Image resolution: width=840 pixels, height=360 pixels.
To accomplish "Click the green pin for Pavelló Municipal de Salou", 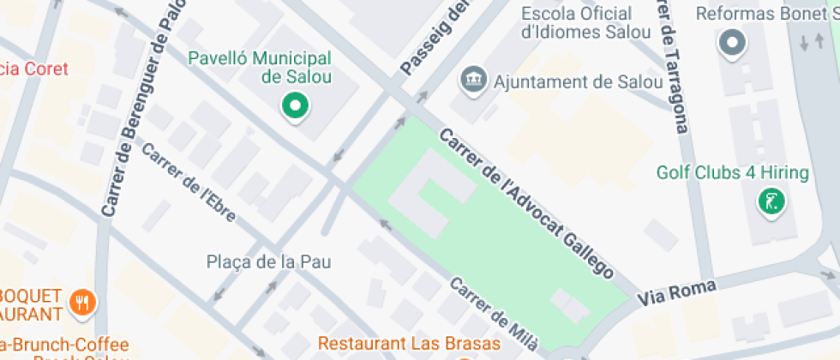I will tap(296, 107).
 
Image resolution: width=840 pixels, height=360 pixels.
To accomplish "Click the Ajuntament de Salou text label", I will tap(578, 82).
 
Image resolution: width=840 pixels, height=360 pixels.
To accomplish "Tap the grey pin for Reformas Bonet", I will tap(732, 43).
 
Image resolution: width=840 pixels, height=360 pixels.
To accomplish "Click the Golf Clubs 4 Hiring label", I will tap(732, 173).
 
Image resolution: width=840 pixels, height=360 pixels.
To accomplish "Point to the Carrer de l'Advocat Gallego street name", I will tap(526, 204).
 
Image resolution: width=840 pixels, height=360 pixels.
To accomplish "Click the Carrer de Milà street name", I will tap(495, 315).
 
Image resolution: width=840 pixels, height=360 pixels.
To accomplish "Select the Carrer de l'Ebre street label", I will tap(188, 183).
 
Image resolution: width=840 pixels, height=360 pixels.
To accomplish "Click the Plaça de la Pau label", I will tap(268, 261).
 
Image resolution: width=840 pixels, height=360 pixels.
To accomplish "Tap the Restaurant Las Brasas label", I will tap(408, 343).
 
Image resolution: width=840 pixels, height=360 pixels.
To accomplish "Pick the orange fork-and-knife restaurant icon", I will tap(83, 301).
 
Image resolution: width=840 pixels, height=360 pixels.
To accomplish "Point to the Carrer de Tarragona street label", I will tap(672, 69).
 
